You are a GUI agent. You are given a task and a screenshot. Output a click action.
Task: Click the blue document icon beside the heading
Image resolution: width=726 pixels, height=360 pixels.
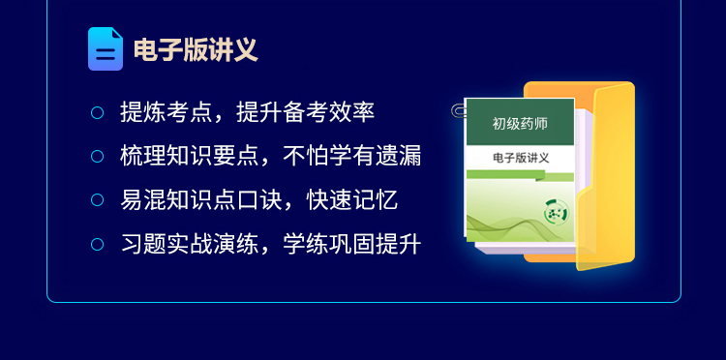(x=106, y=49)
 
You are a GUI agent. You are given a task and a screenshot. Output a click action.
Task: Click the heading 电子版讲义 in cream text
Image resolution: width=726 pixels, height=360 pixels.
(x=196, y=49)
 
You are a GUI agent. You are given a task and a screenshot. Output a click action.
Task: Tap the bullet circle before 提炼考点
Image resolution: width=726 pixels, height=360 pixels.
(x=97, y=112)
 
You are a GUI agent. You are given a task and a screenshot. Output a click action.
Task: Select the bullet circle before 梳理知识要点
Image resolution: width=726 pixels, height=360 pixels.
(x=97, y=157)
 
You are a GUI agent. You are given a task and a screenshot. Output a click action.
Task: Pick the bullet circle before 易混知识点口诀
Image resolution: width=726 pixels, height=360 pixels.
(x=97, y=200)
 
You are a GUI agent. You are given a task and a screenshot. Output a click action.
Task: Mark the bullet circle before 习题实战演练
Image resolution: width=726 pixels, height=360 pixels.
(x=97, y=244)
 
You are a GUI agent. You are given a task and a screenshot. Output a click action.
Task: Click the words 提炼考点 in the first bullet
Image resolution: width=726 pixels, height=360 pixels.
(x=166, y=112)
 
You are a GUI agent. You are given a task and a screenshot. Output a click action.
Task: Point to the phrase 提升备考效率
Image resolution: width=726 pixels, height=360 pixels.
(x=306, y=112)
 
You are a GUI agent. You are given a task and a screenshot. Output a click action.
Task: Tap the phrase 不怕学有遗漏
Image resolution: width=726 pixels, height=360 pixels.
(x=352, y=157)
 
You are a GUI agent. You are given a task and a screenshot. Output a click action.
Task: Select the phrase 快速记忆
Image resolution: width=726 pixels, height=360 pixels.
(x=352, y=200)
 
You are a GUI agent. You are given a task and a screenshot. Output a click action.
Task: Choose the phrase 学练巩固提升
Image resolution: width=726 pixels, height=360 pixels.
(x=352, y=244)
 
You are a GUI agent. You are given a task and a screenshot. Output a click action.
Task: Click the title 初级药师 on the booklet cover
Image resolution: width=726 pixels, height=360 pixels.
(x=520, y=124)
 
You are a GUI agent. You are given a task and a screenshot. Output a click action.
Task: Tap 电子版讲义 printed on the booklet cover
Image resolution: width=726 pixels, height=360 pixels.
(x=521, y=158)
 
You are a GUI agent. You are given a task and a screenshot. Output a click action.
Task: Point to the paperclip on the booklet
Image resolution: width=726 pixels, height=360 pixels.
(x=459, y=111)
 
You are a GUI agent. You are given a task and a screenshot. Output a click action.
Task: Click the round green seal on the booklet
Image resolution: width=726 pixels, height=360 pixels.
(x=557, y=212)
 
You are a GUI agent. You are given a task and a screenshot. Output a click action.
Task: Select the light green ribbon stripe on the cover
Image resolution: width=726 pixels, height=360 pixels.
(x=520, y=175)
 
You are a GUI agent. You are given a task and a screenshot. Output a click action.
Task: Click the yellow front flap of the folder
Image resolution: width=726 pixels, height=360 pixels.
(x=607, y=176)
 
